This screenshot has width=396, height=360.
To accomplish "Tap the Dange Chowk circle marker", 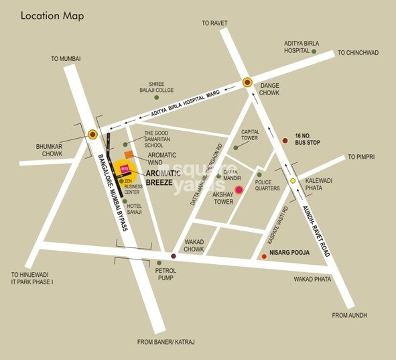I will (x=247, y=82).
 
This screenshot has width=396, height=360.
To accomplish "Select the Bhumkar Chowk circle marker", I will (x=92, y=134).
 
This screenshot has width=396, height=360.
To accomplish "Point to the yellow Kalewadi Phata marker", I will (x=293, y=180).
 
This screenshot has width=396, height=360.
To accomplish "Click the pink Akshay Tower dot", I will (x=239, y=190).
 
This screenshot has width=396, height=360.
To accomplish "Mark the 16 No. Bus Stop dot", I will (x=285, y=140).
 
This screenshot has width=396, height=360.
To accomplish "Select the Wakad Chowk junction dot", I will (x=174, y=256).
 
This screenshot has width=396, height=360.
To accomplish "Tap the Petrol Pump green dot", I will (x=159, y=263).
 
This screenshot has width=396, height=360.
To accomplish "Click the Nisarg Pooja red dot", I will (x=263, y=256).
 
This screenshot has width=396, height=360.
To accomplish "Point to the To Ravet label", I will (x=216, y=23).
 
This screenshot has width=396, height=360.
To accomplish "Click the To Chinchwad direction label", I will (x=358, y=52).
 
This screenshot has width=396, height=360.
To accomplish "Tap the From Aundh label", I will (x=350, y=314).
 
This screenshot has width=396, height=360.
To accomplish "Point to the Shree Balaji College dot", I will (x=156, y=97).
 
